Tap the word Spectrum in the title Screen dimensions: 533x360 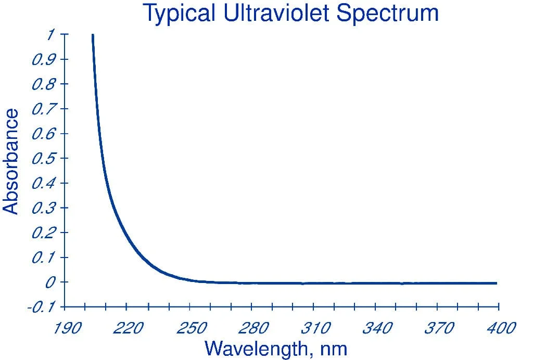(387, 14)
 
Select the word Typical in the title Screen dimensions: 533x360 (180, 14)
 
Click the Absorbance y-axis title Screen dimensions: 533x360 (10, 162)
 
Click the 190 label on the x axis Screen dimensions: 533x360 (67, 328)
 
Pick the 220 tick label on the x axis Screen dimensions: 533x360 (128, 328)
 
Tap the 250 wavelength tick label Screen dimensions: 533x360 (192, 328)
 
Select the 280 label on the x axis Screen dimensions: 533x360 (253, 328)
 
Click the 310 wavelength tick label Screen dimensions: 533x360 (316, 328)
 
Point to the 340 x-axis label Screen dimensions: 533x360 (378, 328)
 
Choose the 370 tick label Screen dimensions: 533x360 (439, 328)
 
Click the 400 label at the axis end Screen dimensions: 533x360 (501, 328)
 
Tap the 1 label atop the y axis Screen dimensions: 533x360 (51, 34)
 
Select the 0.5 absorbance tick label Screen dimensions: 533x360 (44, 158)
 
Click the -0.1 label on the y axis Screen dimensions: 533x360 (42, 307)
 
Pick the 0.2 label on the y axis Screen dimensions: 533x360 (44, 233)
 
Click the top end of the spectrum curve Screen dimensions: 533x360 (93, 34)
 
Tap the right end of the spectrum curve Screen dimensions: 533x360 (497, 283)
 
